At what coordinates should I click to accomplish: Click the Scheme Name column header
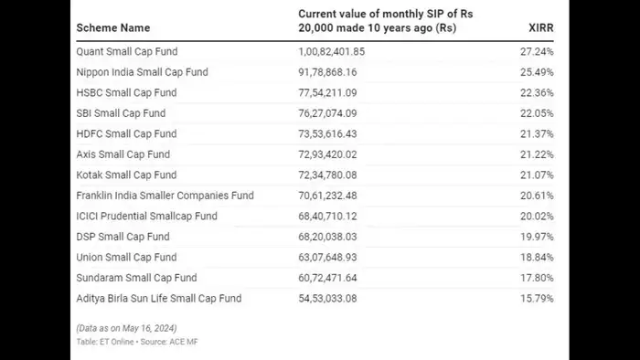(113, 28)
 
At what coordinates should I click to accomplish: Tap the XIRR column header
(542, 28)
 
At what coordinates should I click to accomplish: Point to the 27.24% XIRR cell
(536, 51)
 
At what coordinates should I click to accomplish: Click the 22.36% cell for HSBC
(536, 92)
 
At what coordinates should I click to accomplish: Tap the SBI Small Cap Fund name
(122, 113)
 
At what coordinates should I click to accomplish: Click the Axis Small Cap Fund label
(123, 154)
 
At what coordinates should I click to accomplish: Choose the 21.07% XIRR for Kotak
(536, 175)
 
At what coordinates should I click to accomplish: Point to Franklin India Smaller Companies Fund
(165, 196)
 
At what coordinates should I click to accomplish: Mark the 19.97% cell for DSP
(536, 237)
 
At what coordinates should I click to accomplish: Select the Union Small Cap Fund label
(126, 257)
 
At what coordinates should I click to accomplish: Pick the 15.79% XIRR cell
(536, 298)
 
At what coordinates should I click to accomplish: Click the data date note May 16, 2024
(126, 328)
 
